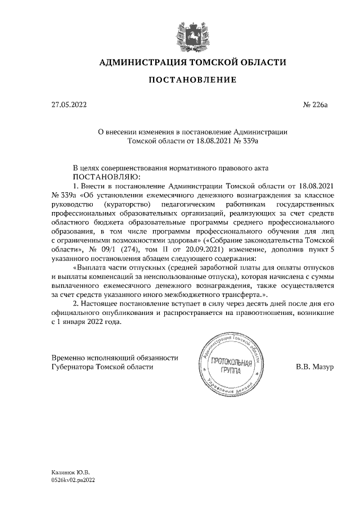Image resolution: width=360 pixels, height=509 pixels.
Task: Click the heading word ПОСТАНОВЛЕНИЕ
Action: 192,80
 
